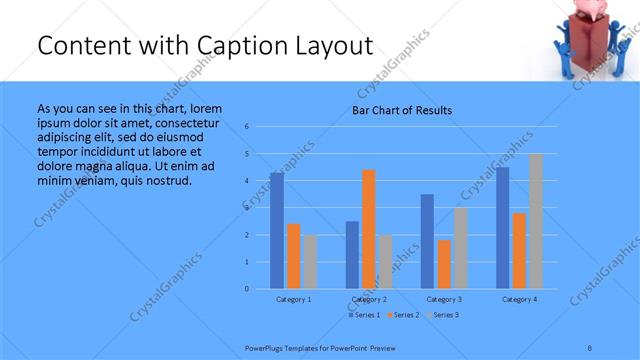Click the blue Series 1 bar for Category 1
coord(276,230)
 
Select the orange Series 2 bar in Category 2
coord(368,229)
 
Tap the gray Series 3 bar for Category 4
coord(536,221)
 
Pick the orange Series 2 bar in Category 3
coord(444,264)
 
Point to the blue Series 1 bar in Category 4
coord(502,228)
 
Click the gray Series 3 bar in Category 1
coord(310,262)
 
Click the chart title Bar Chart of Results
coord(402,110)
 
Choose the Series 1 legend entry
coord(365,315)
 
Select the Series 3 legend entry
coord(443,315)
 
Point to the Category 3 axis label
coord(443,299)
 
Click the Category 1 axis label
coord(293,299)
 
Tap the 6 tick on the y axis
coord(247,127)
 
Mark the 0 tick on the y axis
coord(247,289)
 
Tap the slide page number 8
coord(590,347)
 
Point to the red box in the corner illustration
coord(585,40)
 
